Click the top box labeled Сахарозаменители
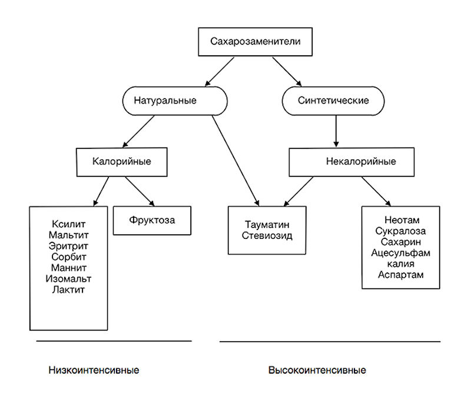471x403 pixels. point(255,42)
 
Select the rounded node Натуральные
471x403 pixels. point(175,101)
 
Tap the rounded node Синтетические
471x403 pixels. point(333,101)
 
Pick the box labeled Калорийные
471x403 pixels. point(122,162)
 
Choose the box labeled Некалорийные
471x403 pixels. point(351,162)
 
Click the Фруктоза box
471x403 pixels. point(152,220)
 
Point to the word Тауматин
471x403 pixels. point(267,225)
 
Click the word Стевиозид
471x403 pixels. point(267,235)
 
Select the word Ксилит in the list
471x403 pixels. point(68,224)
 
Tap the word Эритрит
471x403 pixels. point(68,246)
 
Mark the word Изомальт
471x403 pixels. point(68,279)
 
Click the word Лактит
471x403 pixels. point(68,289)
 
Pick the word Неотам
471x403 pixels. point(402,220)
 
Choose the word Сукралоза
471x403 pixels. point(401,231)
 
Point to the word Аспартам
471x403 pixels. point(401,275)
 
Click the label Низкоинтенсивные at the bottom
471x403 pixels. point(94,370)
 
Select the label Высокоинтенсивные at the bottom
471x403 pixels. point(317,370)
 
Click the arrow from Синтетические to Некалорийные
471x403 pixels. point(336,131)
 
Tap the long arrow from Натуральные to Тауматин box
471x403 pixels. point(235,161)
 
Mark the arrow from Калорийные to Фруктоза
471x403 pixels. point(140,191)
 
